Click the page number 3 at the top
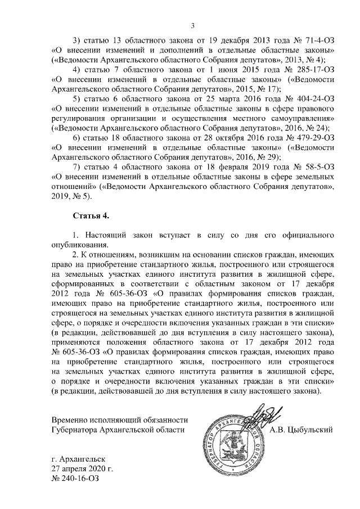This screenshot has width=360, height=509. [x=192, y=25]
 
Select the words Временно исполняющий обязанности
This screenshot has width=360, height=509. [x=119, y=420]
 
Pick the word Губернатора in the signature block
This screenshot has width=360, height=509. [x=78, y=430]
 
